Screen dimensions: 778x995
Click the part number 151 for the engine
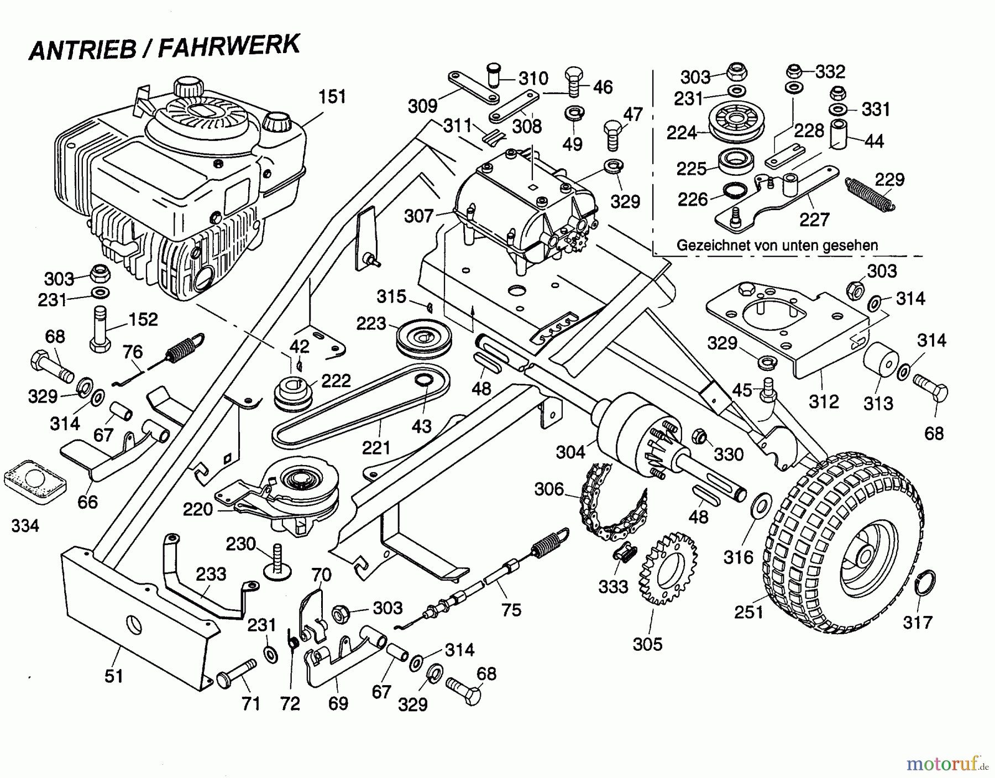[x=332, y=97]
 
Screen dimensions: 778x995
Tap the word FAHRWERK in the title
[x=229, y=47]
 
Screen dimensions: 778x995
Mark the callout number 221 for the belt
[x=376, y=447]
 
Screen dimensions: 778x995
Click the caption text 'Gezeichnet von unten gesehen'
[x=777, y=245]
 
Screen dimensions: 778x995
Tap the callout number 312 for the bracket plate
[x=824, y=401]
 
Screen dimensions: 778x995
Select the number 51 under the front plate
[x=114, y=676]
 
